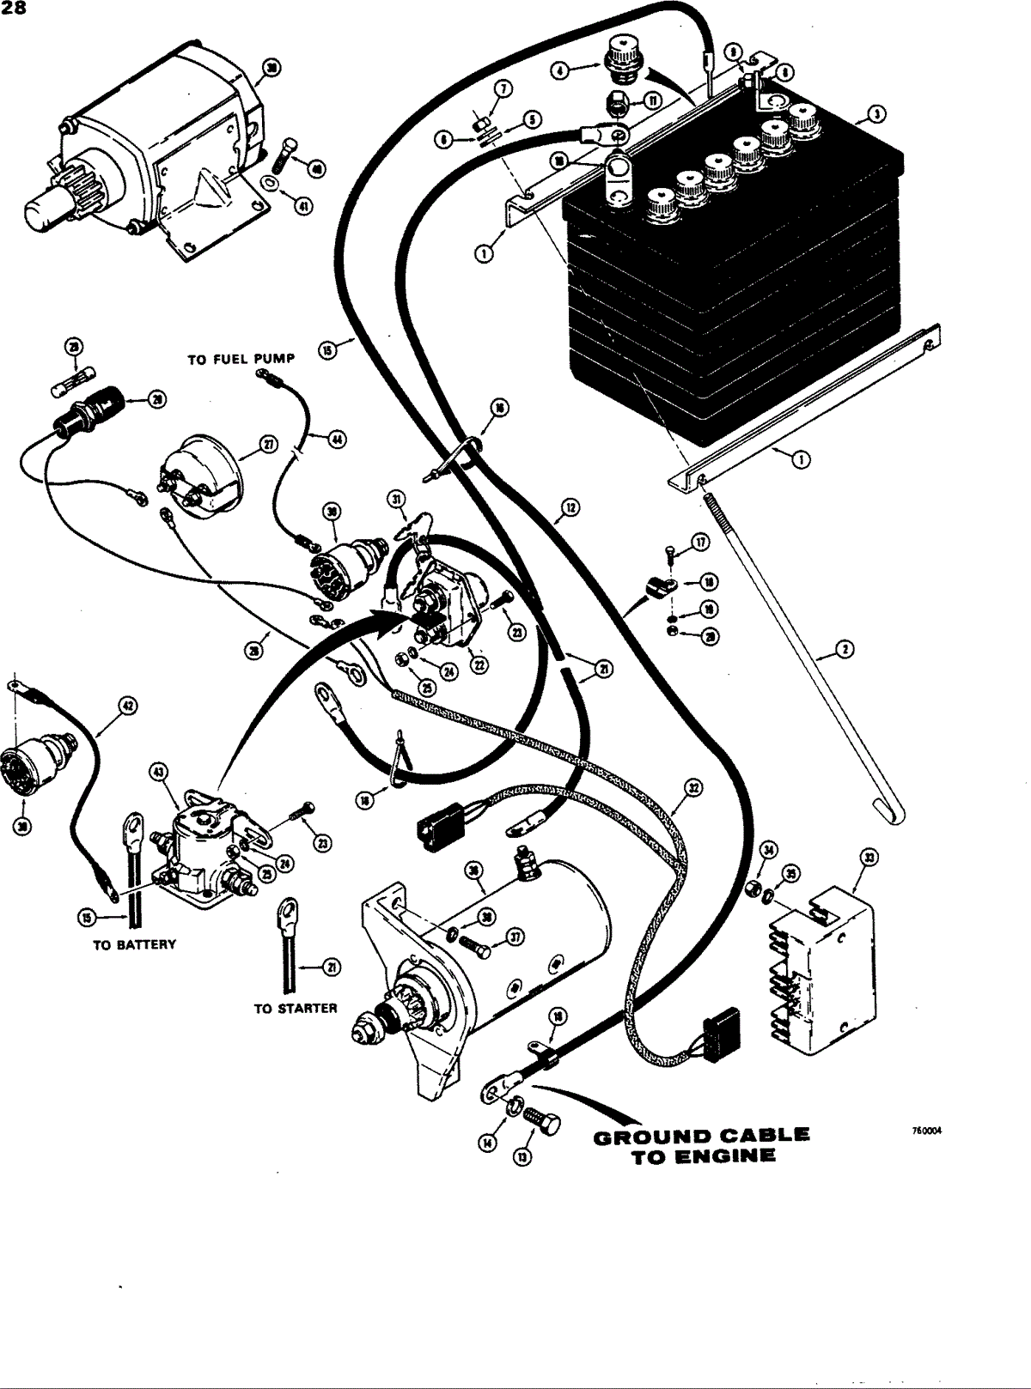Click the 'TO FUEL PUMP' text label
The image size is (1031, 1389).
241,359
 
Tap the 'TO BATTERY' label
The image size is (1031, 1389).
133,944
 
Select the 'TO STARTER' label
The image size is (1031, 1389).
295,1008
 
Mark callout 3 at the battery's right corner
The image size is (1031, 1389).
875,112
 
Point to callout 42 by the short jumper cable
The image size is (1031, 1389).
127,706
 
